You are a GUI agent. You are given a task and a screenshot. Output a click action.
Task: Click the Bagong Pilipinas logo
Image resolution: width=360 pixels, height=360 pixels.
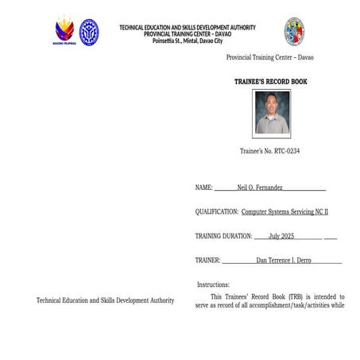point(64,32)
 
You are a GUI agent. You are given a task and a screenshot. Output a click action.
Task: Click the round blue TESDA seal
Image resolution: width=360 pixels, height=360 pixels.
point(89,32)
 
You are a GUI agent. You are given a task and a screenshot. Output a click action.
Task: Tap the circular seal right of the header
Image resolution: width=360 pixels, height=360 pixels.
point(295,32)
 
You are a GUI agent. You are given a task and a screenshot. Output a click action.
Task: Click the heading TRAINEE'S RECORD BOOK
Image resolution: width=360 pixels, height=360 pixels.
point(270,82)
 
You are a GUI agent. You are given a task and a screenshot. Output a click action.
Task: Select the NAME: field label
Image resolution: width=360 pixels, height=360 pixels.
point(204,188)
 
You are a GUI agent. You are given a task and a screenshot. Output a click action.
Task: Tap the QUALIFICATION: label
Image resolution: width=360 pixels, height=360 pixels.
point(217,212)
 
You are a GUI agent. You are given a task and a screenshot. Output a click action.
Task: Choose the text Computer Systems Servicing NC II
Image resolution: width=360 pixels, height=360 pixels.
point(285,212)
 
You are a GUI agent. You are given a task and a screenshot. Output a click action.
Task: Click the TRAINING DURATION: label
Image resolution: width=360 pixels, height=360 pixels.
point(223,236)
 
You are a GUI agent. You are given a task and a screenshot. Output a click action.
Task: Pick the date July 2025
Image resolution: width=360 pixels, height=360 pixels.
point(281,236)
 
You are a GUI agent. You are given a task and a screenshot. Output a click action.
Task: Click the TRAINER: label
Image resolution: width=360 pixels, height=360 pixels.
point(207,260)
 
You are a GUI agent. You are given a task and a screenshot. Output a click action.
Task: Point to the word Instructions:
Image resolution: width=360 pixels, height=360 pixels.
point(213,285)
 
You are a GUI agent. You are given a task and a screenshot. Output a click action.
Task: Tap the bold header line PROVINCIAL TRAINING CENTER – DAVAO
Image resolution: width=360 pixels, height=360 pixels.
point(188,34)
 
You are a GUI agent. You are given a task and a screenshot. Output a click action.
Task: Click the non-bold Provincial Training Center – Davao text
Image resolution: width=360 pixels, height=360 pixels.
point(269,58)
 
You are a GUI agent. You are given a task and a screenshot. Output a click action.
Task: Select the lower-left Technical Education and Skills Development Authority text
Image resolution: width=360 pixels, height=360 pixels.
point(105,300)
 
